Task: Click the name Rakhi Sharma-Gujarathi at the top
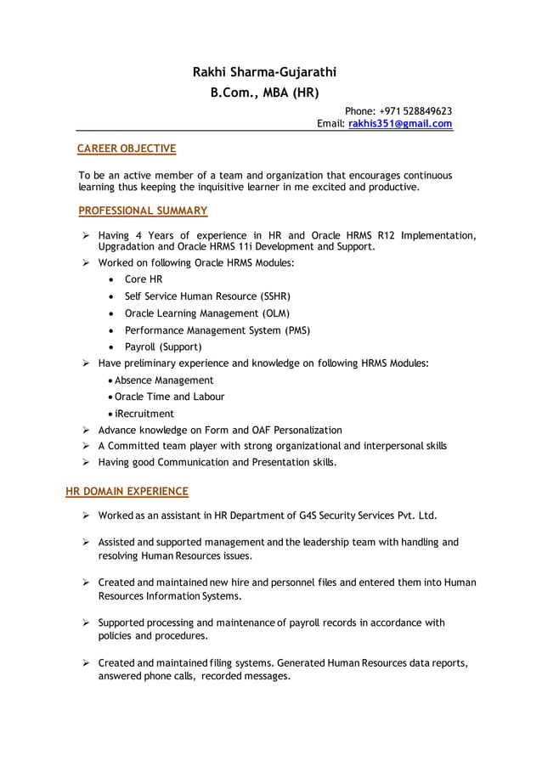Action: pyautogui.click(x=264, y=71)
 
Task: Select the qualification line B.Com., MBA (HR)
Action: pyautogui.click(x=264, y=93)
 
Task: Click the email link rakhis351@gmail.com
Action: pyautogui.click(x=400, y=124)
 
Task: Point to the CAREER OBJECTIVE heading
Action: pyautogui.click(x=127, y=149)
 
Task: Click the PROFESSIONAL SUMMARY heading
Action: pyautogui.click(x=143, y=210)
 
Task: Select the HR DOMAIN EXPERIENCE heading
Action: pyautogui.click(x=127, y=491)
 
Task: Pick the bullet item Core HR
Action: pyautogui.click(x=143, y=279)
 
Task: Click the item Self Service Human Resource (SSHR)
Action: pyautogui.click(x=207, y=296)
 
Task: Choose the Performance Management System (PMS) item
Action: pyautogui.click(x=217, y=330)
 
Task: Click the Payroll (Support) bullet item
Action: pyautogui.click(x=163, y=347)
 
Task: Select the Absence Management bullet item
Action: pyautogui.click(x=164, y=380)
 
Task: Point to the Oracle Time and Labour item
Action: pyautogui.click(x=170, y=397)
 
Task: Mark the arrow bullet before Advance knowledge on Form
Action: pyautogui.click(x=86, y=431)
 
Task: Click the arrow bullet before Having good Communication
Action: pyautogui.click(x=86, y=463)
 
